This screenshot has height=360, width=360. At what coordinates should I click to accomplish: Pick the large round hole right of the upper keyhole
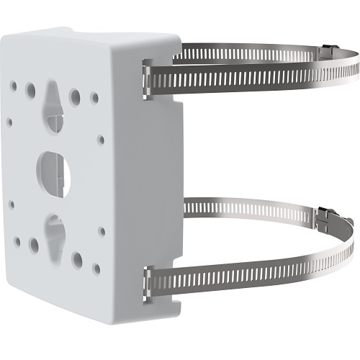tap(75, 94)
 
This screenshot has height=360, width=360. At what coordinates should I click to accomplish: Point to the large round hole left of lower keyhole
tap(33, 246)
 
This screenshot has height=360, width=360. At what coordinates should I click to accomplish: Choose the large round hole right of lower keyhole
tap(76, 258)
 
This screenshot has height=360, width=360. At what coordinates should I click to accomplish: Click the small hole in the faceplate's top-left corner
tap(13, 84)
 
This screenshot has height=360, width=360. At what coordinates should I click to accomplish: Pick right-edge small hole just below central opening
tap(101, 231)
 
